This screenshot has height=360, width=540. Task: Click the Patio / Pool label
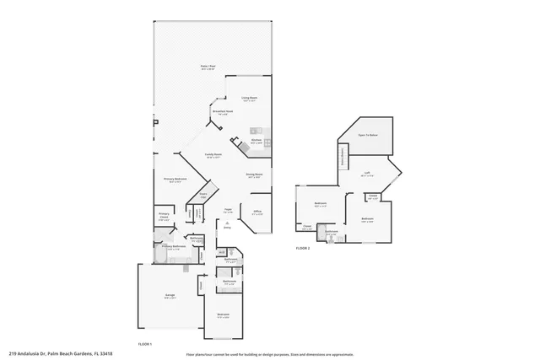pos(207,67)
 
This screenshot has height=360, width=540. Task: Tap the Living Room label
pos(249,99)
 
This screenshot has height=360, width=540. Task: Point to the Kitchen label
pos(256,141)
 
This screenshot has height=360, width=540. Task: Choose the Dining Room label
pos(254,175)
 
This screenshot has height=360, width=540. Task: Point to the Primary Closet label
pos(164,218)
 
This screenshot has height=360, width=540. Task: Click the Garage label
pos(170,295)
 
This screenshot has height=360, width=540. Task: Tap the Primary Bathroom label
pos(173,247)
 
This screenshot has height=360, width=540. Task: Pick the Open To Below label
pos(367,135)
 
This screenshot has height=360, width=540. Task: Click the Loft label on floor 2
pos(367,174)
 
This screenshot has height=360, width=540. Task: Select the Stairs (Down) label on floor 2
pos(343,157)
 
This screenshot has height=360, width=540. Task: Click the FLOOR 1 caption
pos(145,344)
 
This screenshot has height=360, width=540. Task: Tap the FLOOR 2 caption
pos(303,249)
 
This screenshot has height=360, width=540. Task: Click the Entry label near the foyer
pos(227,225)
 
